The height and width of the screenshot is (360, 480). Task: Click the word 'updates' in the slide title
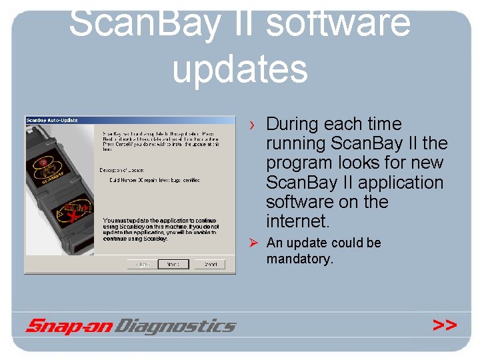[x=240, y=69]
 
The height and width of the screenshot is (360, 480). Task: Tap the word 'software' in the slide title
[x=338, y=22]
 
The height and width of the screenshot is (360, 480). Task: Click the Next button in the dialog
[x=173, y=264]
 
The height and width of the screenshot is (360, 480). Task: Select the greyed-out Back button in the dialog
[x=143, y=264]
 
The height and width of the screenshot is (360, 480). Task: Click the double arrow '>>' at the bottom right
[x=445, y=325]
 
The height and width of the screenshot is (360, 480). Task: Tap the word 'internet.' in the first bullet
[x=297, y=221]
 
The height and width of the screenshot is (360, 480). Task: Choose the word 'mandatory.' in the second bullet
[x=299, y=259]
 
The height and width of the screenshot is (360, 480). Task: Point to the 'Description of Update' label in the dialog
[x=122, y=170]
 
